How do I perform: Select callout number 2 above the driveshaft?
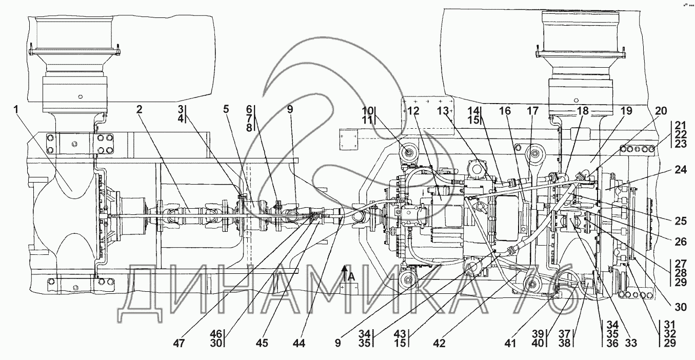[x=139, y=109]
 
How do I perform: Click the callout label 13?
[x=443, y=111]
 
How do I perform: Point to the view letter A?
[x=352, y=277]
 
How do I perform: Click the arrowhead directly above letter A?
[x=345, y=267]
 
